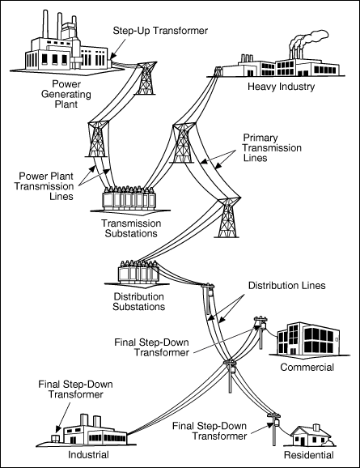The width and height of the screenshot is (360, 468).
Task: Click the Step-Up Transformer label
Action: pos(160,31)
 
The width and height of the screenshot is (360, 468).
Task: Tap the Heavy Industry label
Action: pos(282,87)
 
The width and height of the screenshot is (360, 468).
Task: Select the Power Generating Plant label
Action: pos(66,94)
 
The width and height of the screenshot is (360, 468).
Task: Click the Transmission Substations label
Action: pos(131,228)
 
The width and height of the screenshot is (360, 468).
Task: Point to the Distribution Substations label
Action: pos(138,301)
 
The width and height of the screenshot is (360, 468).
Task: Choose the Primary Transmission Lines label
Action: pos(273,147)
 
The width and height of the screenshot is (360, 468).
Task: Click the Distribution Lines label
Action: pos(287,285)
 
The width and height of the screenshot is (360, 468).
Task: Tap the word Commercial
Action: pos(307,367)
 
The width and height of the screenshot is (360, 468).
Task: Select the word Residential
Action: pos(309,455)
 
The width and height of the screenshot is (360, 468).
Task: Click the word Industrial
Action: pos(88,454)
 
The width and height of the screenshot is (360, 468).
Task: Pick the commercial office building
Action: pos(308,338)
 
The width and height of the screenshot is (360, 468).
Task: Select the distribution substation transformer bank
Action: pos(138,271)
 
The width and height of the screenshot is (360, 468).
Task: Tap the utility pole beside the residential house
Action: pos(274,429)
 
